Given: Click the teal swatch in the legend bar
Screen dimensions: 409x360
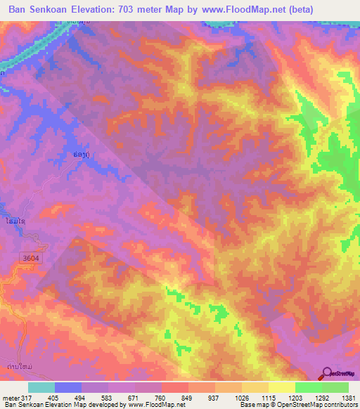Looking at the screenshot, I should pyautogui.click(x=41, y=387).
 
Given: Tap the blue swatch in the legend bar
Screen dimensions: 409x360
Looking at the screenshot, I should pyautogui.click(x=67, y=387).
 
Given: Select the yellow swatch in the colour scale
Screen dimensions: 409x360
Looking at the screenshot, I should pyautogui.click(x=281, y=387).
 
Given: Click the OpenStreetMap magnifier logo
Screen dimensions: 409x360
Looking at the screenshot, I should pyautogui.click(x=327, y=373).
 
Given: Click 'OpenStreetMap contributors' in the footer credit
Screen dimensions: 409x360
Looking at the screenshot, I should pyautogui.click(x=322, y=405).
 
